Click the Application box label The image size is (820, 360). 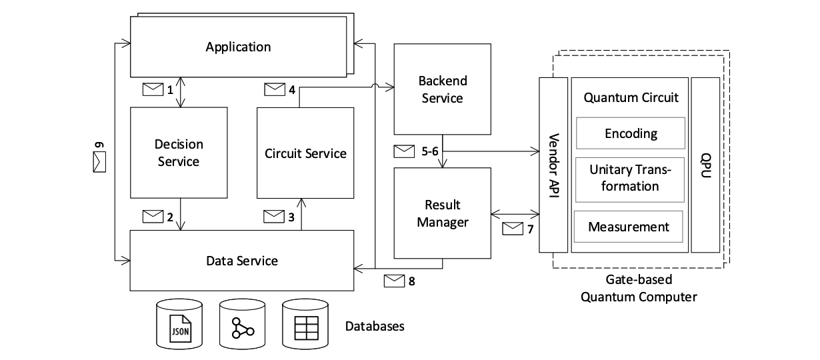click(x=238, y=47)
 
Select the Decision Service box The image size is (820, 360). click(x=178, y=153)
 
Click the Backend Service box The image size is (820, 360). click(x=443, y=89)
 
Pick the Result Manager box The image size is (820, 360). click(x=443, y=213)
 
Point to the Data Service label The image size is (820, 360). click(x=241, y=260)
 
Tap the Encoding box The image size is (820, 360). click(x=630, y=133)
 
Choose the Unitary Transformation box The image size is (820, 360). click(x=630, y=178)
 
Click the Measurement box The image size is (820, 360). click(x=628, y=227)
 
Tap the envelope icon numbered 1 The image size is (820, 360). click(x=153, y=89)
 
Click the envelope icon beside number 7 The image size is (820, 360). click(x=512, y=229)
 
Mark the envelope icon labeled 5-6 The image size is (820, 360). click(x=404, y=151)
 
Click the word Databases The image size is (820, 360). click(x=375, y=327)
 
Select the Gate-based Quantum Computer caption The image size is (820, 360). click(x=639, y=289)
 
